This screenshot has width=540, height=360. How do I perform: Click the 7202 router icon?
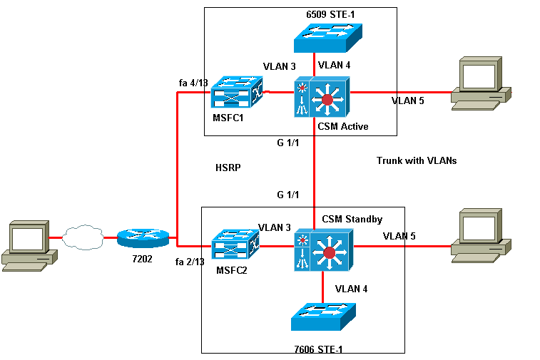[x=143, y=238]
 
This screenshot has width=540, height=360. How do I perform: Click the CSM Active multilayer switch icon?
[x=320, y=98]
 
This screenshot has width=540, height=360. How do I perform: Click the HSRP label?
[x=228, y=169]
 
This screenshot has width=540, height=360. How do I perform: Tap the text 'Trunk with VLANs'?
[x=416, y=160]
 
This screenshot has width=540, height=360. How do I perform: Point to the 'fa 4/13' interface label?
[x=193, y=83]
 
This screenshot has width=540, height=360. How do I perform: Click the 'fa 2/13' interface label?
[x=190, y=262]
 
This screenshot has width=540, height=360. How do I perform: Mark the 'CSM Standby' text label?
[x=352, y=218]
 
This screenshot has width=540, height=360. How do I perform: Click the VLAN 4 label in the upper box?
[x=334, y=65]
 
